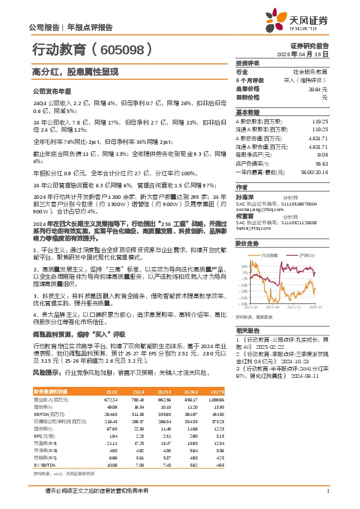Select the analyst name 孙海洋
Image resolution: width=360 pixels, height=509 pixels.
click(244, 197)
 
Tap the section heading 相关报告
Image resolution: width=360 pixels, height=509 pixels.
click(247, 330)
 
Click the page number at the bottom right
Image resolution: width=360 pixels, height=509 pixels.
click(327, 490)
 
